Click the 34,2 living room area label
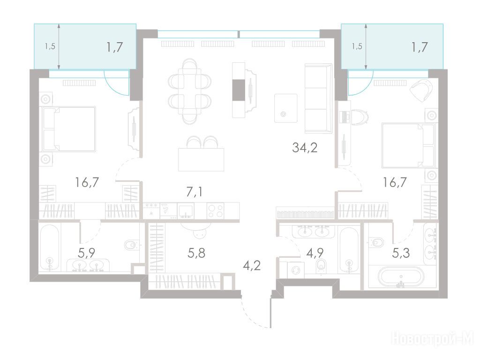click(x=305, y=148)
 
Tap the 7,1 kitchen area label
click(x=194, y=192)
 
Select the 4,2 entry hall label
click(x=252, y=265)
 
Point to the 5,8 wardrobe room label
click(x=196, y=253)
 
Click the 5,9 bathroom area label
click(x=87, y=253)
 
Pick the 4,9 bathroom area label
click(x=315, y=253)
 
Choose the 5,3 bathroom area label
click(x=401, y=253)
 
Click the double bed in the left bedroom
click(x=69, y=129)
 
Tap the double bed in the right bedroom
click(x=408, y=145)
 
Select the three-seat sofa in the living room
click(x=318, y=98)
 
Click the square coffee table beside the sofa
click(x=285, y=108)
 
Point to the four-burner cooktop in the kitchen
click(x=216, y=211)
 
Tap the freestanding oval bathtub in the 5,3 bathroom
click(x=401, y=277)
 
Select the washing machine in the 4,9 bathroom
click(x=296, y=270)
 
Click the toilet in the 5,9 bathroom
click(x=132, y=245)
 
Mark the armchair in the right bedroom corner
click(x=421, y=90)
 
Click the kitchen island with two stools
click(x=201, y=155)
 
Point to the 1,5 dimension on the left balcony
click(x=50, y=46)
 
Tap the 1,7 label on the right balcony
click(x=419, y=47)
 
